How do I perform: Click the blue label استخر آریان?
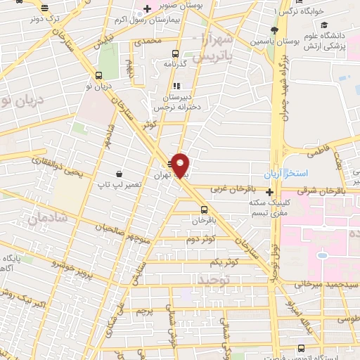(x=283, y=173)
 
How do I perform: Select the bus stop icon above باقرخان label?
(x=204, y=209)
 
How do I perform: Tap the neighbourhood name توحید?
(x=214, y=279)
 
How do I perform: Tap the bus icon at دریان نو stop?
(x=97, y=76)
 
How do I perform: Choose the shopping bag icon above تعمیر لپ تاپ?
(x=120, y=174)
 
